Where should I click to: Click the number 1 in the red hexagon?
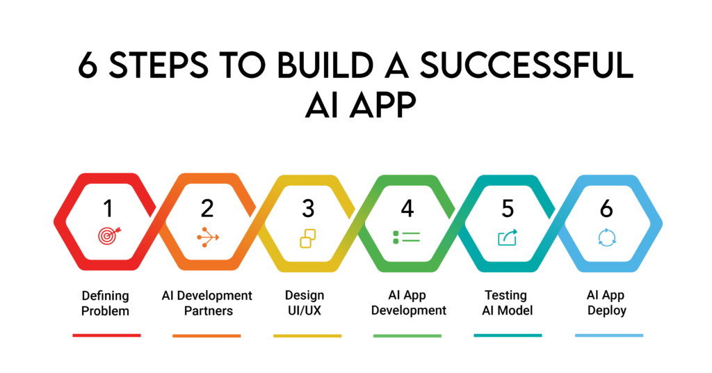(108, 208)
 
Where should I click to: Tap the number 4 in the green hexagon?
(407, 208)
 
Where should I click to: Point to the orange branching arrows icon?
(207, 237)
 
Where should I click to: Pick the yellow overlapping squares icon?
(307, 238)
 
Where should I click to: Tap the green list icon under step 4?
(407, 237)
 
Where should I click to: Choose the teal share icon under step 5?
(508, 237)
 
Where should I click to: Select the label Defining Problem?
(106, 303)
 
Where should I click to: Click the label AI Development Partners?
(207, 303)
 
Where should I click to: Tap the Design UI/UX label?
(306, 303)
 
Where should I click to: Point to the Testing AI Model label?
(506, 303)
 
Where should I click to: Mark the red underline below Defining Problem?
(106, 335)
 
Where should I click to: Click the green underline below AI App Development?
(407, 335)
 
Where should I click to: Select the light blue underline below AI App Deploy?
(608, 335)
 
